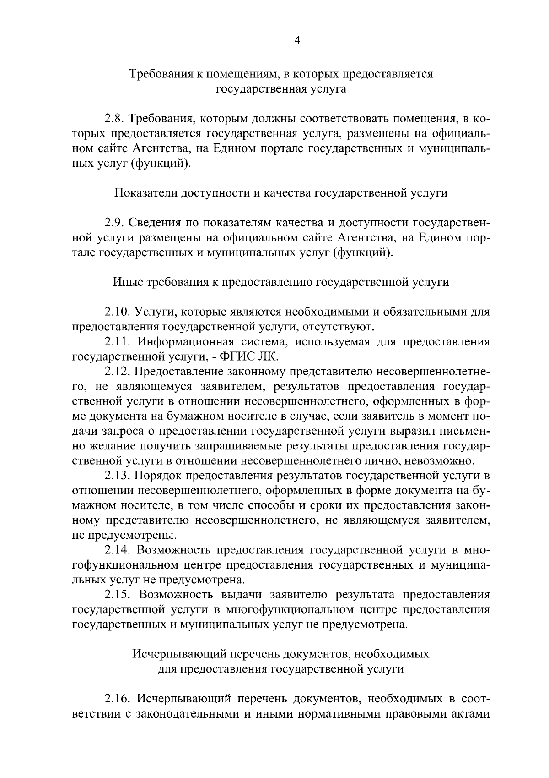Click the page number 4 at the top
click(x=296, y=40)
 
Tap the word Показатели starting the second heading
click(x=145, y=193)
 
